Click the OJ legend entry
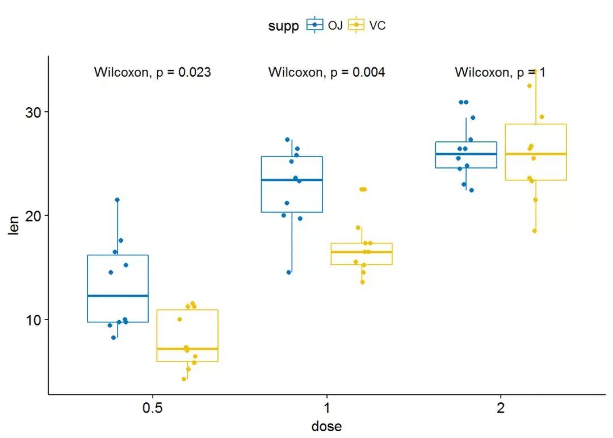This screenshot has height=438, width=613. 325,25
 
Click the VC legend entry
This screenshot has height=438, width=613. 367,25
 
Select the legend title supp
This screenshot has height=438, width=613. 284,26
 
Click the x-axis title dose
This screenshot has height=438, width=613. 326,426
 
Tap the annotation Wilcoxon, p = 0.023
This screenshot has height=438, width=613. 152,72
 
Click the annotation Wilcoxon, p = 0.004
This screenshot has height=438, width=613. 326,72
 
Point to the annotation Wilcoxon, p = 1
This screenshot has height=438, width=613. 499,72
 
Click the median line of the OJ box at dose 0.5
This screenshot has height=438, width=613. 117,296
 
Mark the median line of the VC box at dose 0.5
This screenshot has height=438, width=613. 187,348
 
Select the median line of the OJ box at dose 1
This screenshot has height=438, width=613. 292,180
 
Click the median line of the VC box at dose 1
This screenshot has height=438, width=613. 362,252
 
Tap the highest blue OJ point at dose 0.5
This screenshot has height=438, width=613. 117,200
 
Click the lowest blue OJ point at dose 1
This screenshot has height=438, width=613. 288,272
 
